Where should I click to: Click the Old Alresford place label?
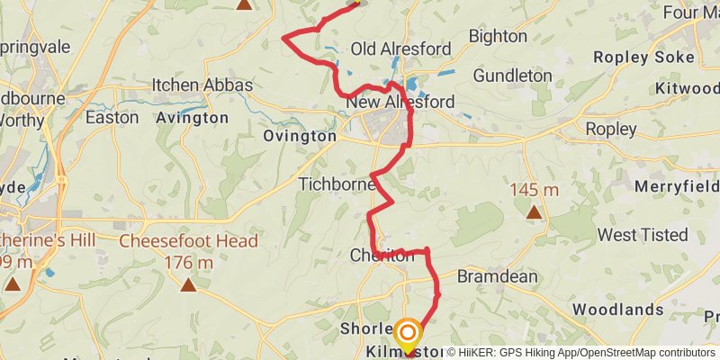(x=388, y=49)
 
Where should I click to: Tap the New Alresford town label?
(x=400, y=102)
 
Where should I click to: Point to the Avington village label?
(x=192, y=118)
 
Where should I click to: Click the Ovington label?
(x=300, y=136)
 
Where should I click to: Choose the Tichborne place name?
(x=335, y=184)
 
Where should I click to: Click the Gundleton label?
(x=512, y=75)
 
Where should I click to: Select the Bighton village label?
(x=498, y=36)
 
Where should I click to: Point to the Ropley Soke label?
(x=643, y=57)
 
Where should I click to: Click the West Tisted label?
(x=643, y=235)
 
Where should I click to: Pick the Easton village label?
(x=112, y=117)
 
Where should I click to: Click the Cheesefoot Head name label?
(x=188, y=241)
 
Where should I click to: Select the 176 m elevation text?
(x=188, y=263)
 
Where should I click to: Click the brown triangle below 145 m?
(x=534, y=212)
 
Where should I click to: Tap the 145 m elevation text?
(x=534, y=190)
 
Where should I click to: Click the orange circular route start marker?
(x=407, y=332)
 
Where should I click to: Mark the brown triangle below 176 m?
(x=188, y=285)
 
